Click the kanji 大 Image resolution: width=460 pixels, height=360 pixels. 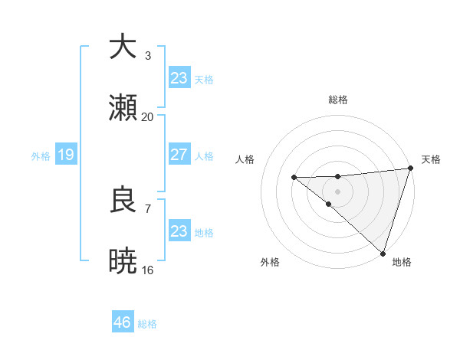(x=123, y=47)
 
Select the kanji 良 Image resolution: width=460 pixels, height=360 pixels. (x=123, y=200)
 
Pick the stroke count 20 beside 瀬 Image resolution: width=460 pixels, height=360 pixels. (x=148, y=117)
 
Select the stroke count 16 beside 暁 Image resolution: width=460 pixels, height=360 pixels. (x=148, y=270)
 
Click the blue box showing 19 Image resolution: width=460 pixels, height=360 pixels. (x=65, y=155)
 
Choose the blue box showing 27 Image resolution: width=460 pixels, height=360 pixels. (x=179, y=155)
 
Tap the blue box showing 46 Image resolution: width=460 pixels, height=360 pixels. (x=123, y=322)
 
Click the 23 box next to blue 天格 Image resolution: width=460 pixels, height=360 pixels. (x=179, y=78)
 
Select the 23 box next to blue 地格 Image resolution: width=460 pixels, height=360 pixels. (x=179, y=231)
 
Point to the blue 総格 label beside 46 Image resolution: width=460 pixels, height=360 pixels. (x=147, y=324)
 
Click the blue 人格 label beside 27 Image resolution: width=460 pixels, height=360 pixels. (x=204, y=156)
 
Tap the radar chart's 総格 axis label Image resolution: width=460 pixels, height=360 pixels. (x=338, y=100)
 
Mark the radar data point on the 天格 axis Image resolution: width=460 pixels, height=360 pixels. (x=410, y=169)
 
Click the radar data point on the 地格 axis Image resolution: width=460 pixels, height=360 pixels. (x=383, y=253)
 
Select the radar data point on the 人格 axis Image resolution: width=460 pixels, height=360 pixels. (x=294, y=178)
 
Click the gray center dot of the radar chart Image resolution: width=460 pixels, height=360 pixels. (x=338, y=190)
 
